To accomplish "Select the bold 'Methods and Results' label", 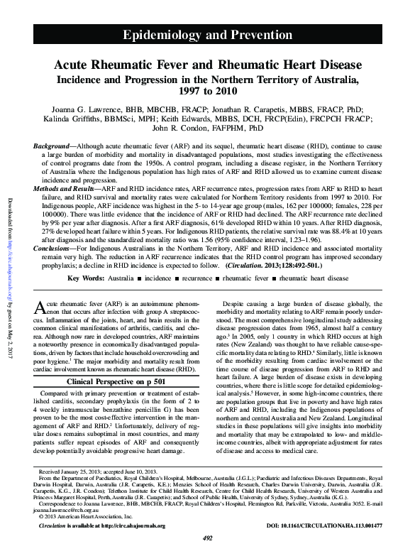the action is pyautogui.click(x=66, y=190).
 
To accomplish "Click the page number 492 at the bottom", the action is pyautogui.click(x=207, y=539).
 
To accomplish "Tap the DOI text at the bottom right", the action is pyautogui.click(x=330, y=526).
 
